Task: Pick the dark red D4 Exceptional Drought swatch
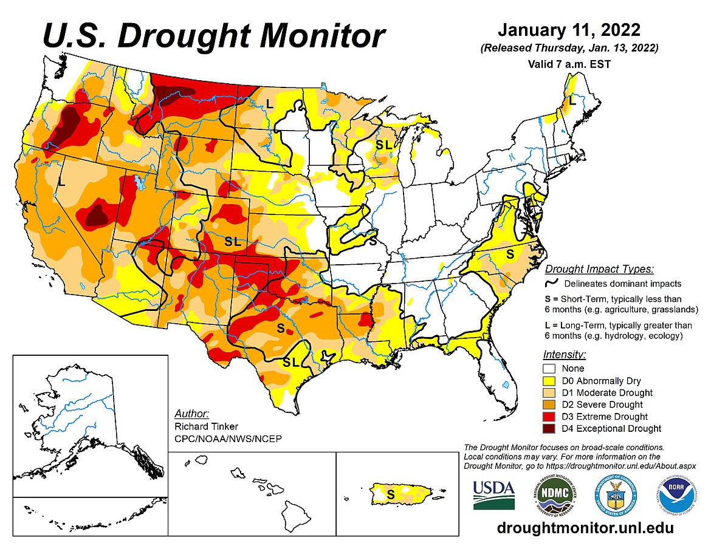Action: pos(551,428)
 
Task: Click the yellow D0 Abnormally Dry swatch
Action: pos(551,381)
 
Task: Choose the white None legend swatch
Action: pos(551,369)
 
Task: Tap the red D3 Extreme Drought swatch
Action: pos(551,417)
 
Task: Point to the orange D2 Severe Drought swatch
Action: pos(551,404)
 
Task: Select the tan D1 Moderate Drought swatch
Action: pos(551,392)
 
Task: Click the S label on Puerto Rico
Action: pos(391,494)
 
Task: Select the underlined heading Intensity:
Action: pos(565,354)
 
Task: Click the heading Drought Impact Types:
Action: pos(598,269)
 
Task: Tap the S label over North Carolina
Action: pos(510,254)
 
